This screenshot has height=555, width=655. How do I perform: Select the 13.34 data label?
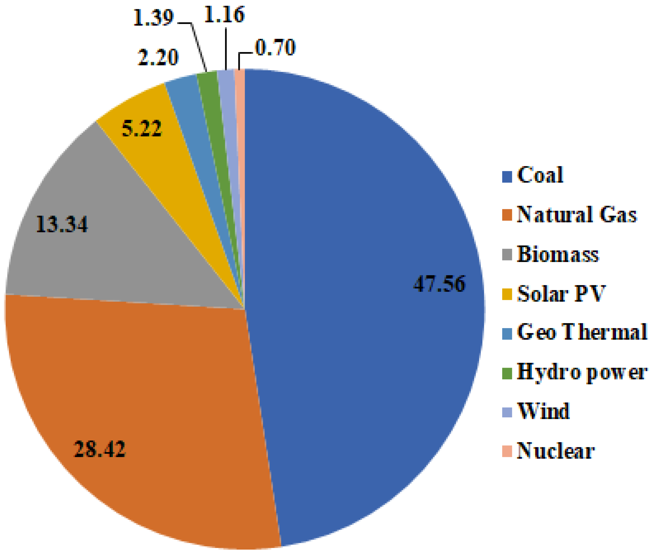(62, 224)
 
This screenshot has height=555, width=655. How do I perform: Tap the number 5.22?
(142, 128)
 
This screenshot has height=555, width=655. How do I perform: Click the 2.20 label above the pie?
(158, 57)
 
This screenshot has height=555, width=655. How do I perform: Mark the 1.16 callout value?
(224, 15)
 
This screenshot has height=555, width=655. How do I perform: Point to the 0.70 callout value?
(275, 48)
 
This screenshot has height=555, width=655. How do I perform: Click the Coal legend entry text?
(540, 175)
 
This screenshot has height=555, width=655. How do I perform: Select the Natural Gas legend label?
(577, 214)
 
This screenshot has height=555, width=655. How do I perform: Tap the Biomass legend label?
(558, 254)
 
